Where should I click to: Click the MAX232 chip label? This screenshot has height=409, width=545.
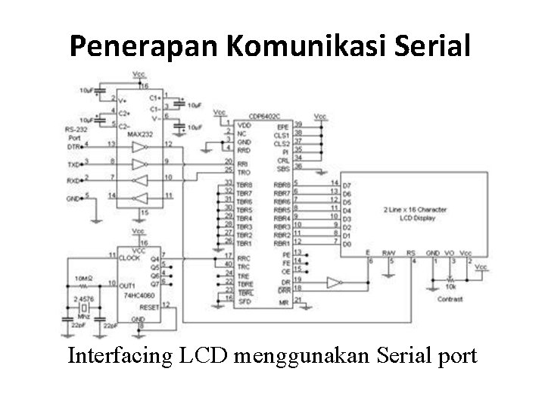click(x=140, y=135)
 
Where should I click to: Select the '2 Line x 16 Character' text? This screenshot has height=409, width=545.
click(x=414, y=208)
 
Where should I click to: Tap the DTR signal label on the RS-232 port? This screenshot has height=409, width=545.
click(x=73, y=147)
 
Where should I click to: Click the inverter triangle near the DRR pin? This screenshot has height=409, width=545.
click(x=332, y=283)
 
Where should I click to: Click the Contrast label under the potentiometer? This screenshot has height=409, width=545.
click(x=450, y=299)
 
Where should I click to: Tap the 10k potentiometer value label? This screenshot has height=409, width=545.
click(x=451, y=286)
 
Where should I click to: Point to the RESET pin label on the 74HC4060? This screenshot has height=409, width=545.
click(x=150, y=308)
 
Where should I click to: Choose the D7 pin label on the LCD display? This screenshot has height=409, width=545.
click(x=347, y=185)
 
